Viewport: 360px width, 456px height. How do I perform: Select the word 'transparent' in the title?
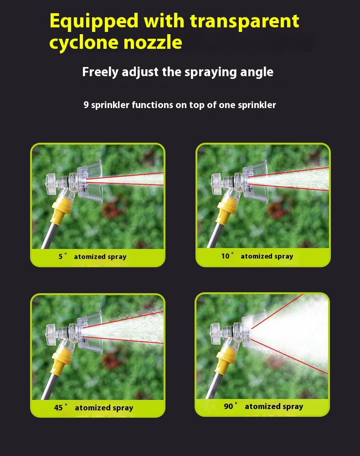[245, 21]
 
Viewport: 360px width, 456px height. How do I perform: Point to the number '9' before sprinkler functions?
[86, 105]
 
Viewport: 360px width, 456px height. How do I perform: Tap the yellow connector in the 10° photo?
[226, 209]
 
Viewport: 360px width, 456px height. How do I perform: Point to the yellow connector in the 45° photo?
[61, 360]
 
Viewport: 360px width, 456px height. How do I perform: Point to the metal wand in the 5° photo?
[49, 236]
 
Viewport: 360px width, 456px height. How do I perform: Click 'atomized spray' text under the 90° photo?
[274, 406]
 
